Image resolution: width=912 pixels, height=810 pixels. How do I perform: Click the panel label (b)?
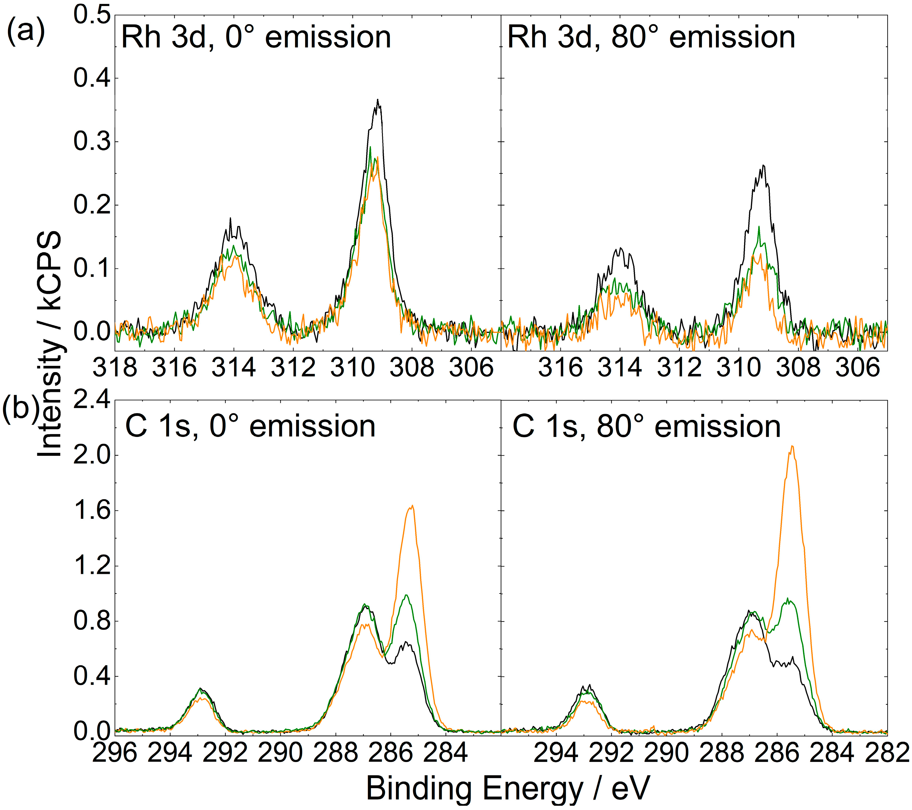pos(20,409)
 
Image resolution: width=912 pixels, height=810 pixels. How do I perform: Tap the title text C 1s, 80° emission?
pos(647,426)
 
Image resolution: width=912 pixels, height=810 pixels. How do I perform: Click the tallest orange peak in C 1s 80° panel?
pos(792,446)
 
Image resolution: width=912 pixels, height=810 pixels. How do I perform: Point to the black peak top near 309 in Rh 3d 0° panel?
pos(378,100)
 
